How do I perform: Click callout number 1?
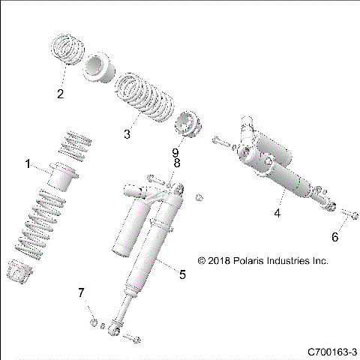pyautogui.click(x=28, y=163)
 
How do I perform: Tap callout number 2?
pyautogui.click(x=61, y=94)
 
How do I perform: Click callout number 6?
pyautogui.click(x=335, y=237)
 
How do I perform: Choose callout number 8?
pyautogui.click(x=177, y=163)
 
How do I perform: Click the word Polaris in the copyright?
pyautogui.click(x=250, y=262)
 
